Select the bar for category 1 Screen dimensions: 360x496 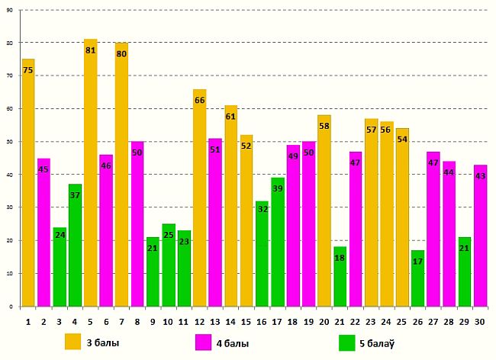click(x=28, y=182)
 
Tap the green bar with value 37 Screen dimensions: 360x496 click(x=75, y=245)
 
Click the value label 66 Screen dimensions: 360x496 click(x=200, y=101)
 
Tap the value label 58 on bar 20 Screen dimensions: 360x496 click(x=324, y=126)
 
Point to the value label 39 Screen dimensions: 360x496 click(x=278, y=188)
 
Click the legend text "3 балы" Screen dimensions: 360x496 click(x=103, y=342)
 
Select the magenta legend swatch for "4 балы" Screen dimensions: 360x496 click(x=204, y=342)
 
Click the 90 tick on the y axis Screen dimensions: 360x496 click(x=11, y=10)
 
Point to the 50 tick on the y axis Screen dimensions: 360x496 click(x=11, y=142)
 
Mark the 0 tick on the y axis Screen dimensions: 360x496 click(x=12, y=307)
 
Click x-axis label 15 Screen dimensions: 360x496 click(x=246, y=321)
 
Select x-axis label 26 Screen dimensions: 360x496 click(x=417, y=321)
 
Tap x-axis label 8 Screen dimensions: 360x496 click(x=137, y=321)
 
